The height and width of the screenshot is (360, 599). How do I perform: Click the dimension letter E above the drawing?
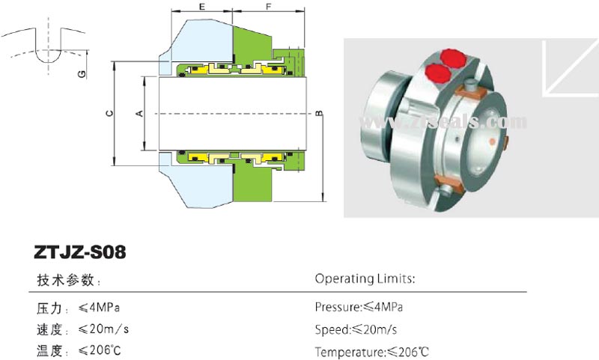coord(201,6)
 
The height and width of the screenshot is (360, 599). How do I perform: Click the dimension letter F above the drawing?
coord(268,6)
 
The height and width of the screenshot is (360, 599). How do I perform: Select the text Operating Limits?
coord(365,279)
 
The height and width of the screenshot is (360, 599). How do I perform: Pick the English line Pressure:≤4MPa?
coord(361,307)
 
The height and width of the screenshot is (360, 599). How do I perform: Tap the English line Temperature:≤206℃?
coord(372,351)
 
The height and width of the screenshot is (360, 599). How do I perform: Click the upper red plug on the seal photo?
coord(451,57)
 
